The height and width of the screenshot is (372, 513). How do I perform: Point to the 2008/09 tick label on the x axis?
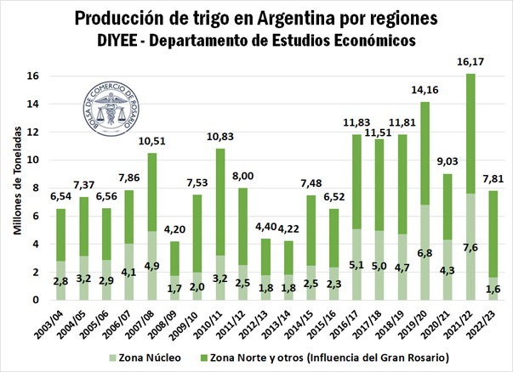(x=172, y=323)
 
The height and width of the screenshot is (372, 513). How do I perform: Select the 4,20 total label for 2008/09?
(x=174, y=230)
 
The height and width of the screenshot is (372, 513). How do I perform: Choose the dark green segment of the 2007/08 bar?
(x=151, y=192)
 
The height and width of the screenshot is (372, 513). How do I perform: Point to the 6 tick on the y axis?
(x=33, y=216)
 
